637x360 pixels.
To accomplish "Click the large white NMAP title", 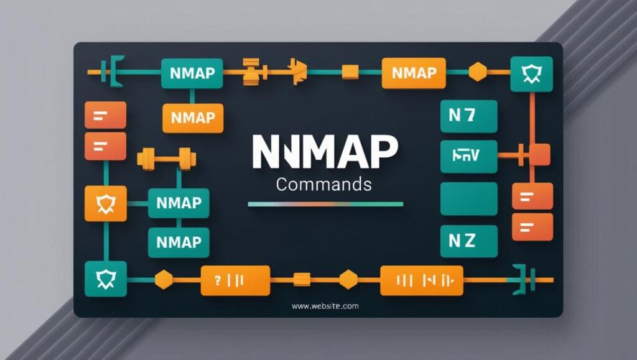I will point(325,152).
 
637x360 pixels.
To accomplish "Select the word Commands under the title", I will point(323,184).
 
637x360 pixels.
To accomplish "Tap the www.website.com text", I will point(325,306).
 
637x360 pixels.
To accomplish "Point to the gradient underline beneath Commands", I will point(325,204).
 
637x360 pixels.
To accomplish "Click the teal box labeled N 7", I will point(468,116).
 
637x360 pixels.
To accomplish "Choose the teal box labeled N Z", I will point(468,241).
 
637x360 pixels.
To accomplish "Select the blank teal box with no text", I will point(468,199).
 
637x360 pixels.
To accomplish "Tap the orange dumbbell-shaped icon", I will point(166,159).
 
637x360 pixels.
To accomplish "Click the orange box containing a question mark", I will point(235,280).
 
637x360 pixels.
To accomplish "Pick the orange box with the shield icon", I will point(105,203).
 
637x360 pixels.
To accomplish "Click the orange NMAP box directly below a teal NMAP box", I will point(192,118).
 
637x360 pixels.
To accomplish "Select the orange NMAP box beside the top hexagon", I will point(414,73).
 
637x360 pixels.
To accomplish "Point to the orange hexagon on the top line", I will point(477,72).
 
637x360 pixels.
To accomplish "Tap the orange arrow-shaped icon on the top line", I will point(297,72).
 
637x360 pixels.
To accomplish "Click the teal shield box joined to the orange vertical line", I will point(531,74).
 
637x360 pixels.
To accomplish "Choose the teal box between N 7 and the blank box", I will point(468,156).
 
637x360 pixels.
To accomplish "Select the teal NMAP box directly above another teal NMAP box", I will point(179,203).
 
